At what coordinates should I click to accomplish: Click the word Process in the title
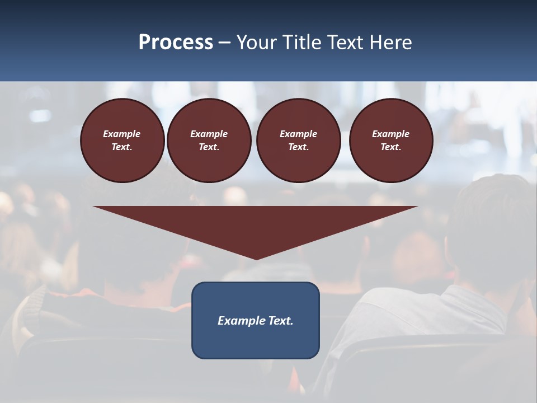176,43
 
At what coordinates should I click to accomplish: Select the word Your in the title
256,43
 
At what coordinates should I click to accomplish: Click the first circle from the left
122,140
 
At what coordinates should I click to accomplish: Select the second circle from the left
209,140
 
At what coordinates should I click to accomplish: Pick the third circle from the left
298,140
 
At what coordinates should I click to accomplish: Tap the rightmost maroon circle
390,140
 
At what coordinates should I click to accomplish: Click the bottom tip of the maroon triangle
256,258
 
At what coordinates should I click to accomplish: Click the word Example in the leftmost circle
122,134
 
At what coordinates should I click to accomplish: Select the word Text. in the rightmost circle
390,147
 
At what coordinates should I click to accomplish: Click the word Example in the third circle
298,134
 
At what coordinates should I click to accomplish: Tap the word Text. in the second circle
209,147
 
